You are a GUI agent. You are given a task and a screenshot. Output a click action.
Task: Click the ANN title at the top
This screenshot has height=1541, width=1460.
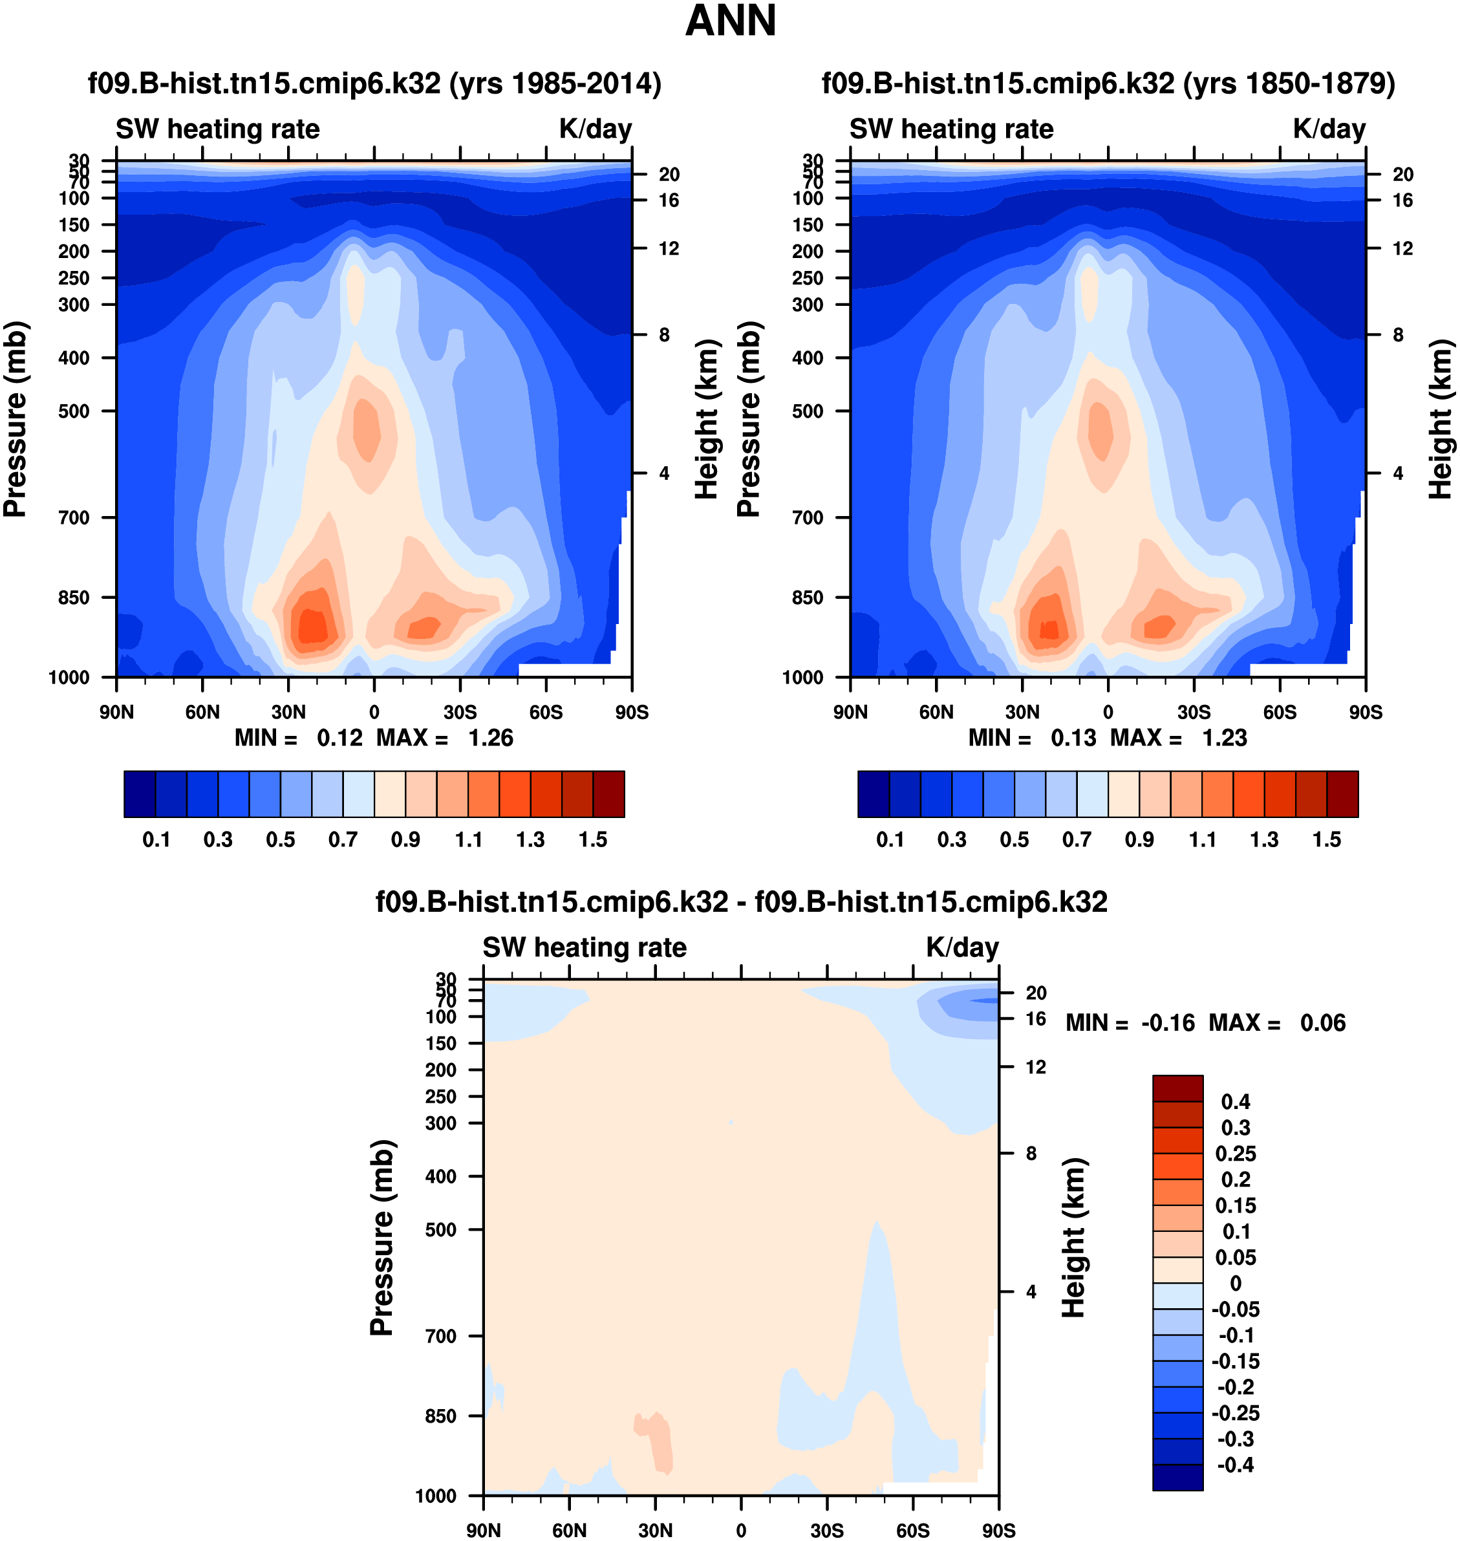(730, 21)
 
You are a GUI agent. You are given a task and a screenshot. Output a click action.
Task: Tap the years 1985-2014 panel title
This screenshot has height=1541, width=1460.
(374, 83)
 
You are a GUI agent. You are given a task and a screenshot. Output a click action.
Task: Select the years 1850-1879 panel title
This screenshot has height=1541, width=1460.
(1108, 83)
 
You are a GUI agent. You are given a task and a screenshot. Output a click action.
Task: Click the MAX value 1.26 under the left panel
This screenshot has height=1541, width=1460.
(490, 738)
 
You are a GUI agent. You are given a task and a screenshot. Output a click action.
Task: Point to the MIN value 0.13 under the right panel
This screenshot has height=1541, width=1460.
(1073, 738)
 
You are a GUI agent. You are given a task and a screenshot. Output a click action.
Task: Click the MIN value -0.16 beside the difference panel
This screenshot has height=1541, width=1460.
(1167, 1022)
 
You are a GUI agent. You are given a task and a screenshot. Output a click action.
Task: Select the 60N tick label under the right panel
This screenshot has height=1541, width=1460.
(936, 712)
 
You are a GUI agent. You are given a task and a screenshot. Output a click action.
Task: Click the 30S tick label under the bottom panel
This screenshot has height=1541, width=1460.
(826, 1530)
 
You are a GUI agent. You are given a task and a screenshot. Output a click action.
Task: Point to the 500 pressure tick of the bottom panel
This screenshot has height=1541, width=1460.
(440, 1230)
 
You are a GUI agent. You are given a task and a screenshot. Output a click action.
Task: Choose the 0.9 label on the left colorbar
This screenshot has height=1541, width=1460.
(405, 840)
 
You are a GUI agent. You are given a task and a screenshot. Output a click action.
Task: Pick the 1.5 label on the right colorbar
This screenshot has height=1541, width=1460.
(1327, 840)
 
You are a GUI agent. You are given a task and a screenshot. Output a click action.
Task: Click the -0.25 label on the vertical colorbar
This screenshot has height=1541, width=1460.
(1236, 1412)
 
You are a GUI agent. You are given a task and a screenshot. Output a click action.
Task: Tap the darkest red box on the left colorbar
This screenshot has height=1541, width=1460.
(608, 794)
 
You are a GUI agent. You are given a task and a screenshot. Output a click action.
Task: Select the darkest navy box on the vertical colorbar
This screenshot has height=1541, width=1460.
(1177, 1477)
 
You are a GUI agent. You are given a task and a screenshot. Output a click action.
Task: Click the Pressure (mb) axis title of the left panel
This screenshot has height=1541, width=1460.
(16, 419)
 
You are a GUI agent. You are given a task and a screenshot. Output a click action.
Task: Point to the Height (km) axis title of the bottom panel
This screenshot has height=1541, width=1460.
(1073, 1238)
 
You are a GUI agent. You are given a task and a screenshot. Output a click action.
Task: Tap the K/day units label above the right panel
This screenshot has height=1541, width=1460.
(1329, 129)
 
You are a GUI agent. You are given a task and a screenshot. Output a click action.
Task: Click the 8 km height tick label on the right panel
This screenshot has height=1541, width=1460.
(1399, 335)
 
